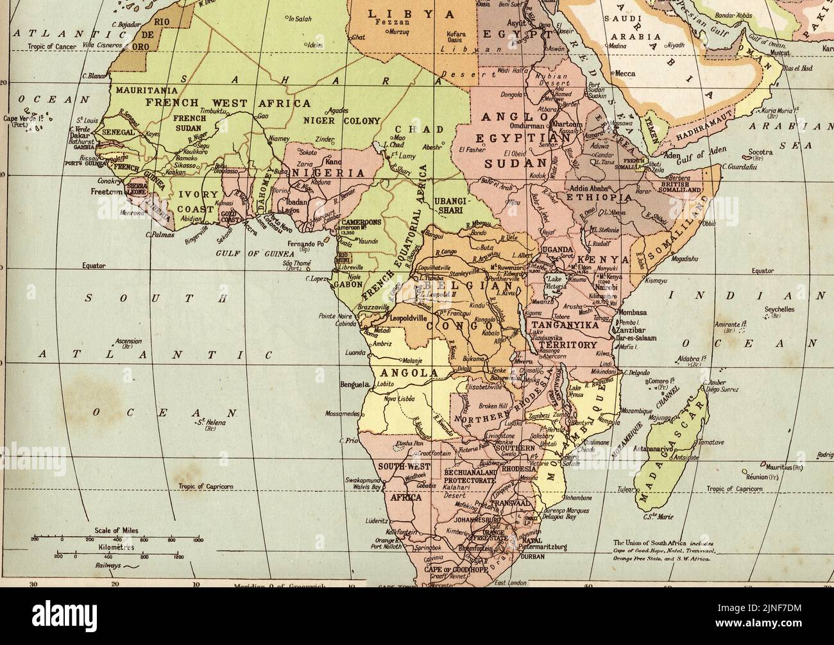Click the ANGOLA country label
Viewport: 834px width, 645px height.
coord(409,373)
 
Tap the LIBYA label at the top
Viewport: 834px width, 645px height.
coord(411,13)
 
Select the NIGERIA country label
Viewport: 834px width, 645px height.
coord(328,173)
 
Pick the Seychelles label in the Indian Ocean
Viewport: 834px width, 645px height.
coord(779,309)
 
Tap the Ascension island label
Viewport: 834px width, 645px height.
coord(128,342)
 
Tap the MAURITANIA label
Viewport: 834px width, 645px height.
coord(146,91)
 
